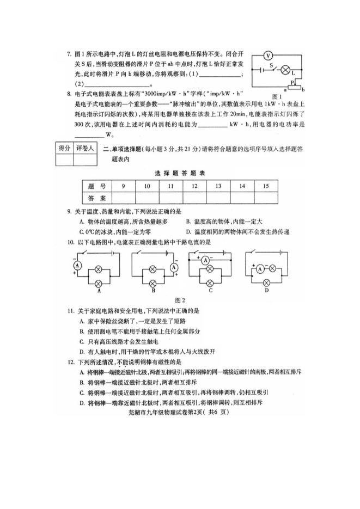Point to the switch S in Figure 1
tap(271, 69)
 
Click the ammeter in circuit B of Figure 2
tap(174, 267)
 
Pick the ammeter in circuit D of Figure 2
tap(260, 268)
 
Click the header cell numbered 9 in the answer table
tap(124, 186)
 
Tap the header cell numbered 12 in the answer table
tap(194, 186)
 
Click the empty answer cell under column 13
tap(218, 197)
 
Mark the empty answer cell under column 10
tap(147, 197)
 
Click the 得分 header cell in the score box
tap(64, 148)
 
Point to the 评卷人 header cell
tap(85, 148)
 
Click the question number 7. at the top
tap(69, 54)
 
